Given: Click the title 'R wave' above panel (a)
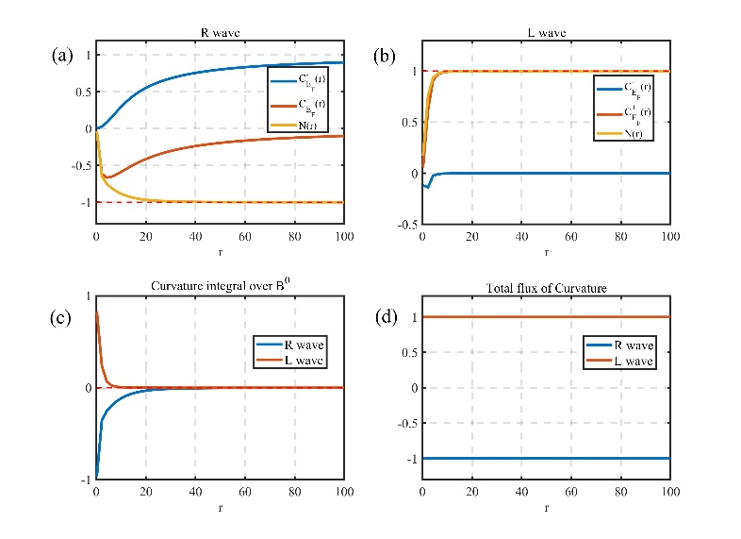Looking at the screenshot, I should point(219,33).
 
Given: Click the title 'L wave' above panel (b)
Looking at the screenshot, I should point(545,33).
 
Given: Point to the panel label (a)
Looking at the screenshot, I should point(62,55).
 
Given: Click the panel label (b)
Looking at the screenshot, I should point(386,55).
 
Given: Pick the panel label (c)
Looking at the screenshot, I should point(62,317).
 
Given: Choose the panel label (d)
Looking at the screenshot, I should point(386,317).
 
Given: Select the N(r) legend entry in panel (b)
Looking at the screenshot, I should point(633,133).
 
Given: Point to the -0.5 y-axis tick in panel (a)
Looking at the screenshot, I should point(78,165).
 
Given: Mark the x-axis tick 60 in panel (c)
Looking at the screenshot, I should point(244,493).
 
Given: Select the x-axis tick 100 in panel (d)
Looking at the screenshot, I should point(668,493).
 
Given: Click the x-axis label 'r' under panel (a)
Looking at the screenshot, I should point(219,251).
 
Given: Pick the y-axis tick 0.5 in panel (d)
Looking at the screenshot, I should point(406,352).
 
